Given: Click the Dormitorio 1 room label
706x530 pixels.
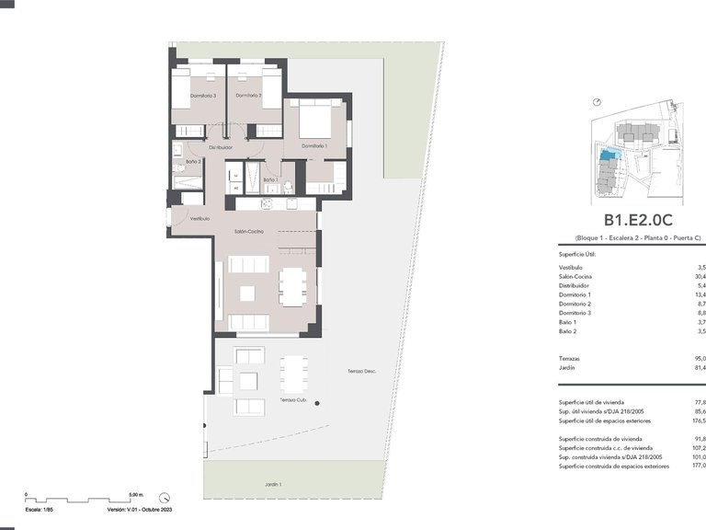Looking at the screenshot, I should point(314,145).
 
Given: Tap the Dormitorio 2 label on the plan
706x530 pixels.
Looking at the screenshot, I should point(248,96).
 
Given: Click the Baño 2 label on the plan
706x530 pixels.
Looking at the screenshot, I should point(193,162).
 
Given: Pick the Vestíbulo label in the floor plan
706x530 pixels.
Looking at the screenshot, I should point(199,219).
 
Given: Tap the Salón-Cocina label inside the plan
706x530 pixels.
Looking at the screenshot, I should point(248,231).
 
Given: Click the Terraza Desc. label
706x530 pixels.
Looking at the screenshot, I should point(362,372).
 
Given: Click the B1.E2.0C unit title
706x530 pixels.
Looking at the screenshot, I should point(639,220).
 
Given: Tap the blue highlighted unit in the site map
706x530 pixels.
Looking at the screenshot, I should point(608,157).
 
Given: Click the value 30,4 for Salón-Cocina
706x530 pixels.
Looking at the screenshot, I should point(700,276).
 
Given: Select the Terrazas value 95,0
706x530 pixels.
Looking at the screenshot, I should point(700,358).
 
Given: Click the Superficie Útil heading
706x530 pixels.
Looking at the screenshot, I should point(578,253).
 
